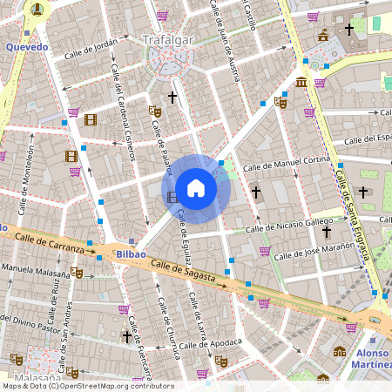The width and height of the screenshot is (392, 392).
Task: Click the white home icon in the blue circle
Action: (196, 187)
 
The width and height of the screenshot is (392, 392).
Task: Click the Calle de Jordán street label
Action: (90, 49)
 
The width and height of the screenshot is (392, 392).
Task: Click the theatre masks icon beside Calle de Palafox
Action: (155, 112)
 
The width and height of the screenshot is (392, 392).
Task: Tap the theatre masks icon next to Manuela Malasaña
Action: (77, 272)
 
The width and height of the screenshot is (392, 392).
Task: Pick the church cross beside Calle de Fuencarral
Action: (126, 335)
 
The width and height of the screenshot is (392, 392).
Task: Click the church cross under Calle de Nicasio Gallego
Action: (327, 232)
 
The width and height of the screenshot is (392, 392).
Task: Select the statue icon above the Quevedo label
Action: (37, 10)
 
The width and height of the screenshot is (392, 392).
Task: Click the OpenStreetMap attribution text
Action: (87, 386)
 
